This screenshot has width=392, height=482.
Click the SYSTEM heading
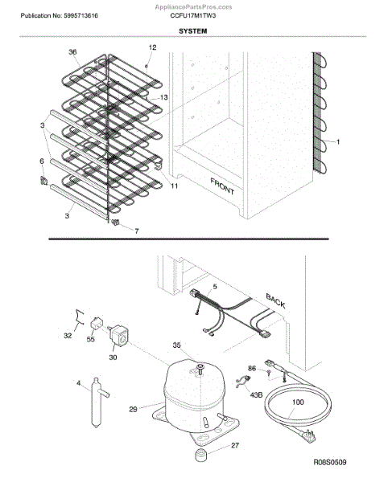point(192,31)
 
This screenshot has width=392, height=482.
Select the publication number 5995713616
point(81,16)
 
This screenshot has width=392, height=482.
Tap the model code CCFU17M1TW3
point(193,15)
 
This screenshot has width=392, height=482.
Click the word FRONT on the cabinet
point(222,186)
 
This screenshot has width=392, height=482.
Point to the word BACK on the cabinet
point(275,300)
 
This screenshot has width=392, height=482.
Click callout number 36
point(72,52)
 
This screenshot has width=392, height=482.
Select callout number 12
point(152,47)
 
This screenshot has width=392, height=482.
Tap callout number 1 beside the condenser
point(338,141)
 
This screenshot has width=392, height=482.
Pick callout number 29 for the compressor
point(133,409)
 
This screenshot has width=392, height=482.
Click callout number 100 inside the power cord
point(298,402)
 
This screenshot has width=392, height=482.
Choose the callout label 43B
point(256,394)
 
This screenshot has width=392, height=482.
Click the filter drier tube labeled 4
point(98,402)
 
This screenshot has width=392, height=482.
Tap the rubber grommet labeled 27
point(200,455)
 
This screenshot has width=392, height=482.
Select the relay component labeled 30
point(119,336)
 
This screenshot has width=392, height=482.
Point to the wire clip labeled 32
point(80,317)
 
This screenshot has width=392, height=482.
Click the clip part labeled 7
point(115,223)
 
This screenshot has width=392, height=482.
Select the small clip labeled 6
point(43,181)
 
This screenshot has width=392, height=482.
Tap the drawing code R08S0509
point(329,462)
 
